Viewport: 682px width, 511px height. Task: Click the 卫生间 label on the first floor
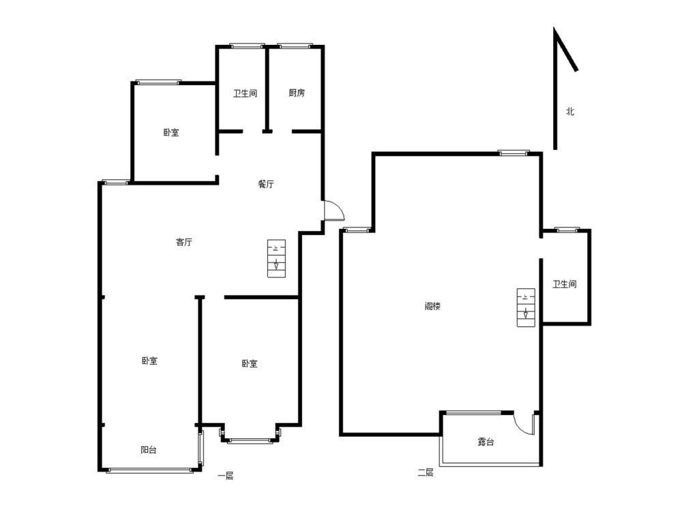point(245,93)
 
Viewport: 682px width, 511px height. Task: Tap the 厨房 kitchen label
point(297,93)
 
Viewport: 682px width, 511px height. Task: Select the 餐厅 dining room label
point(266,184)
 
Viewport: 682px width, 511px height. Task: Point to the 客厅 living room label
point(184,242)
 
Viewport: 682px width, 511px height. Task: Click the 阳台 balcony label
point(149,450)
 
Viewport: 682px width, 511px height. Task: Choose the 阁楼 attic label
point(432,307)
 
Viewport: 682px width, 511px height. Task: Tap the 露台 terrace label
point(486,442)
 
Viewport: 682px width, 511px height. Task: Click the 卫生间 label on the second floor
point(565,284)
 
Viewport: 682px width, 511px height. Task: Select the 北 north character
point(569,111)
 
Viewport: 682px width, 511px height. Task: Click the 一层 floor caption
point(226,476)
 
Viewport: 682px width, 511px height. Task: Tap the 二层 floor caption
point(426,472)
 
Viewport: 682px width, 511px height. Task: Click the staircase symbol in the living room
point(276,258)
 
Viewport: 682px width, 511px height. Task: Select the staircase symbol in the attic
point(526,307)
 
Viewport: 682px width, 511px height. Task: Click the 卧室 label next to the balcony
point(149,360)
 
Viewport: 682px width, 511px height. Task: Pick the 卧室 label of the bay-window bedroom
point(249,363)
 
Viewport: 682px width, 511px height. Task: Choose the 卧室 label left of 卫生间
point(171,133)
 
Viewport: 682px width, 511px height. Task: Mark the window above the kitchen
point(295,45)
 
